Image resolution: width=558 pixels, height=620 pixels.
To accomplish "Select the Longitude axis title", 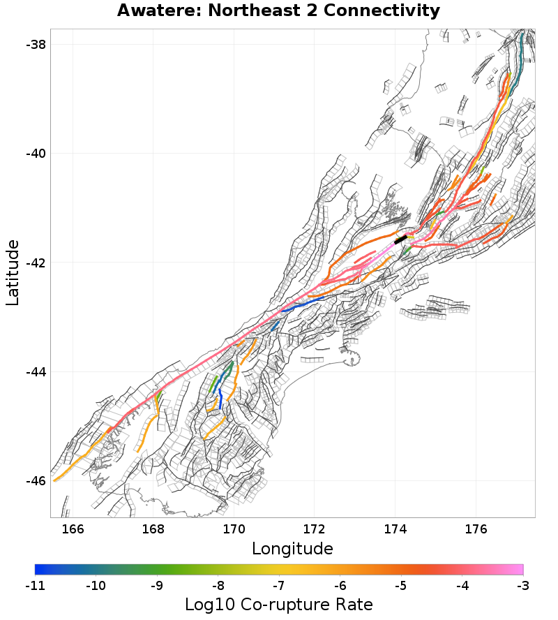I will pyautogui.click(x=292, y=547).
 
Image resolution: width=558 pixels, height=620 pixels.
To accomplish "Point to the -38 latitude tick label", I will pyautogui.click(x=35, y=44).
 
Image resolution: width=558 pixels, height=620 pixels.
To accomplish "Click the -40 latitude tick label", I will pyautogui.click(x=35, y=154).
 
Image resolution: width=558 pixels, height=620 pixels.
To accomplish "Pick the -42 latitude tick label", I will pyautogui.click(x=35, y=263).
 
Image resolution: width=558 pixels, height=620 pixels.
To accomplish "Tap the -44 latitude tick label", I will pyautogui.click(x=35, y=371).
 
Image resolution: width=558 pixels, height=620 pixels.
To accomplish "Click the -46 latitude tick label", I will pyautogui.click(x=35, y=481).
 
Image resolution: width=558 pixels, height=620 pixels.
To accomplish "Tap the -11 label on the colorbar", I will pyautogui.click(x=35, y=585).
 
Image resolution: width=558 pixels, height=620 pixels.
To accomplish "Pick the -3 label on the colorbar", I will pyautogui.click(x=522, y=585).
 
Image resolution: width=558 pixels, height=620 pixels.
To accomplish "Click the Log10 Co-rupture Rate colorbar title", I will pyautogui.click(x=279, y=605).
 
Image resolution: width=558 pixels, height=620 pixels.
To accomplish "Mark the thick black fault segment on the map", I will pyautogui.click(x=400, y=239).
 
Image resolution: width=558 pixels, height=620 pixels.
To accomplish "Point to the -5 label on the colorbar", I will pyautogui.click(x=400, y=585).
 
